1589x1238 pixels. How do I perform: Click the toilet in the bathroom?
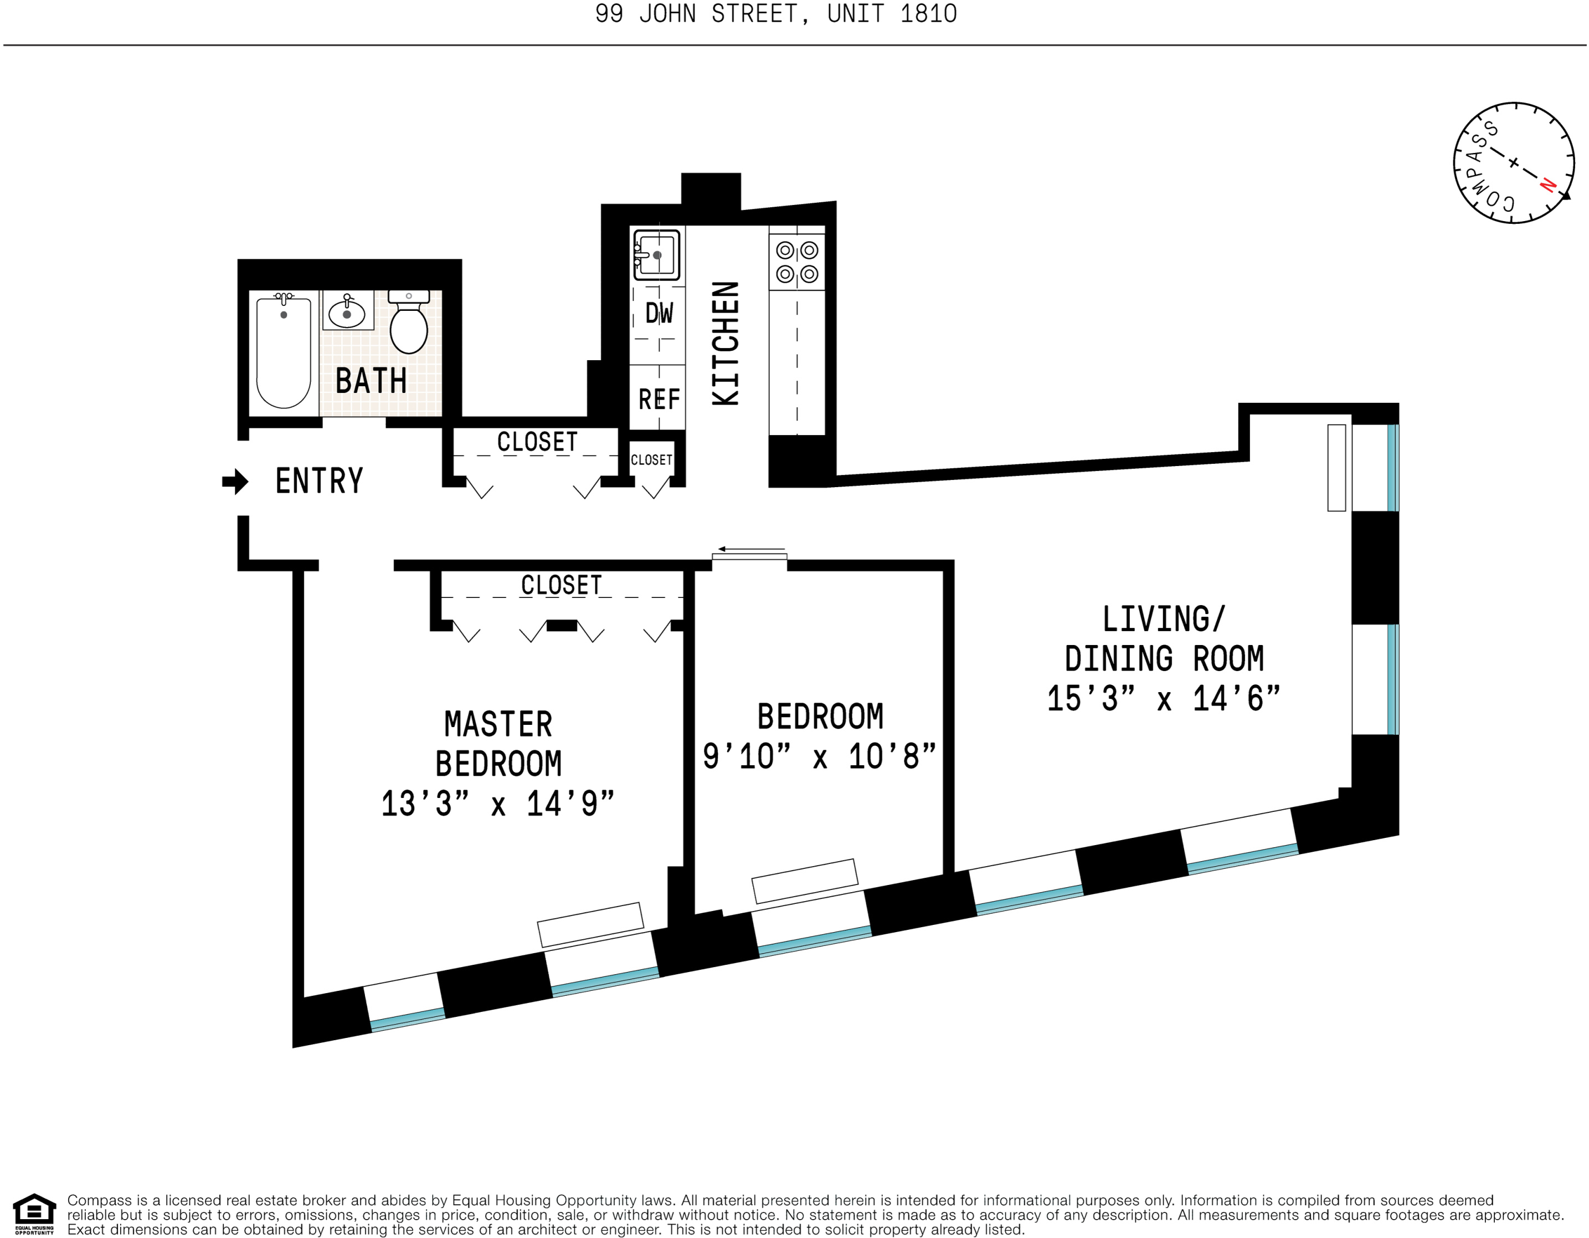(x=408, y=327)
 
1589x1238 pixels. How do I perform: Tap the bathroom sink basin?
(x=347, y=314)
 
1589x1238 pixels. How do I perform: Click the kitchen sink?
(x=656, y=255)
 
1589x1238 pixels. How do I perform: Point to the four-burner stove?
(x=796, y=262)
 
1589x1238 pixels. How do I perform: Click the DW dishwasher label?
(x=659, y=314)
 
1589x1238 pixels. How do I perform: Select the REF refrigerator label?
(x=659, y=399)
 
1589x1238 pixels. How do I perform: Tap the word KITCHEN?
(x=726, y=344)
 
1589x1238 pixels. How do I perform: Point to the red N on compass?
(x=1547, y=186)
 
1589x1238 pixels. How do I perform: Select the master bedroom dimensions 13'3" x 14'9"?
(x=498, y=804)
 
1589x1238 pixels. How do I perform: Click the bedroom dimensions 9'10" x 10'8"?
(x=819, y=756)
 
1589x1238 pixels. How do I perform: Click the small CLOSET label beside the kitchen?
(x=651, y=460)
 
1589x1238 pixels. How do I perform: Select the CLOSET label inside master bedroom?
(x=561, y=585)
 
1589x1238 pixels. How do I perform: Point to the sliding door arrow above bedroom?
(x=751, y=549)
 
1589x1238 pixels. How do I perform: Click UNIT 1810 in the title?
(x=892, y=14)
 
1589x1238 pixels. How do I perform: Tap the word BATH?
(x=371, y=381)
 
